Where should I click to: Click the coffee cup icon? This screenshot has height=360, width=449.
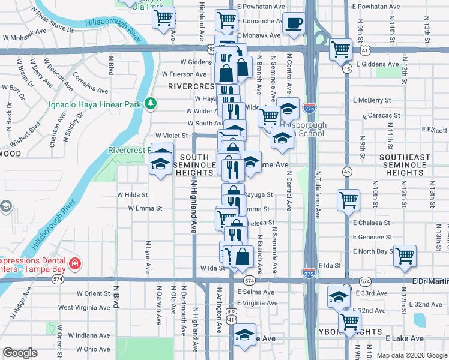[294, 23]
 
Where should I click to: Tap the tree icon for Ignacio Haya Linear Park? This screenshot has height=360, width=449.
[150, 104]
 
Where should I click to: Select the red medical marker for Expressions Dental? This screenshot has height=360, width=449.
[74, 264]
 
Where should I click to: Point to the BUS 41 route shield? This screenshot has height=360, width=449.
[231, 316]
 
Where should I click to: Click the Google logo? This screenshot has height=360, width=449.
[20, 353]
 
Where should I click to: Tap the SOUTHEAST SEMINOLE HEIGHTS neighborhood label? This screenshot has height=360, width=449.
[405, 165]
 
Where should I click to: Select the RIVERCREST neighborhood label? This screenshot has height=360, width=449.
[191, 86]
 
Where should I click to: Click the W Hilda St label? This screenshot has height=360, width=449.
[132, 195]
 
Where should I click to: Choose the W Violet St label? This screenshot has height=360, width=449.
[172, 136]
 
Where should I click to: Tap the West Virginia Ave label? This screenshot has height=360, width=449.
[83, 307]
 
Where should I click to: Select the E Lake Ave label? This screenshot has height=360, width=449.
[405, 339]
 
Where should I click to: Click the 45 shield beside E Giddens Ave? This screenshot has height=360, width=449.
[347, 69]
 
